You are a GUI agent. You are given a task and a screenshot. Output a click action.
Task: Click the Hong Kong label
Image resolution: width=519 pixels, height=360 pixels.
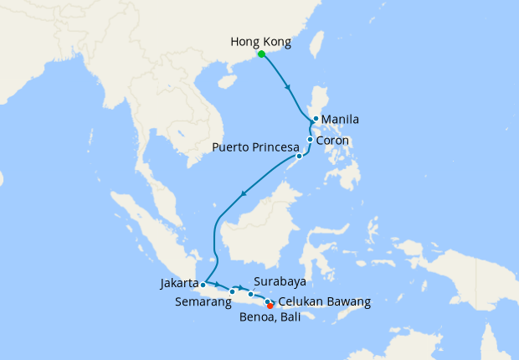click(261, 39)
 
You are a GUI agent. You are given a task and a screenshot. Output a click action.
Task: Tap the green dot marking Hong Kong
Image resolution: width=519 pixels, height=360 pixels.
click(261, 54)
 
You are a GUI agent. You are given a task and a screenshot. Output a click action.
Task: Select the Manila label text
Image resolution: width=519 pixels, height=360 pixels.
click(341, 120)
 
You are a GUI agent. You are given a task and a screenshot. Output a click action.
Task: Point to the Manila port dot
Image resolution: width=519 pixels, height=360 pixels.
click(315, 120)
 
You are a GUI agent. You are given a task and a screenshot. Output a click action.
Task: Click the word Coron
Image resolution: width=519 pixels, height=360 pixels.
click(332, 141)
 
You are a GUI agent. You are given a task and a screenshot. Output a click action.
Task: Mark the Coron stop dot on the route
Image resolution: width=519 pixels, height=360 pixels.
click(310, 140)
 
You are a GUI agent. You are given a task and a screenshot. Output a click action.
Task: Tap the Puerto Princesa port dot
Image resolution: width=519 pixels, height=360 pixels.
click(299, 157)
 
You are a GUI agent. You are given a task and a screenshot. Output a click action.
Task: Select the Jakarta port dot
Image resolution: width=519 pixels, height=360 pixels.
click(203, 285)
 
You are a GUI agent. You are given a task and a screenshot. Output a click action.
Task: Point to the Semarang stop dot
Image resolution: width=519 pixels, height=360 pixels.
click(232, 291)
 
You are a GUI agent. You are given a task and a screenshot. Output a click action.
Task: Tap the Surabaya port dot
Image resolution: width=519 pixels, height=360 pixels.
click(251, 294)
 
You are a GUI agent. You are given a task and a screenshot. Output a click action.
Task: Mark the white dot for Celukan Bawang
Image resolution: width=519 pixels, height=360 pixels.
click(267, 301)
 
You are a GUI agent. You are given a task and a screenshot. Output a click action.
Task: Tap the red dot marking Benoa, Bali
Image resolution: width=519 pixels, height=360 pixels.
click(270, 306)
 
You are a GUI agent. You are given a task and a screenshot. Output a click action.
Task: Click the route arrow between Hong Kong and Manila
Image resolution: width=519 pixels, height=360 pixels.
click(288, 87)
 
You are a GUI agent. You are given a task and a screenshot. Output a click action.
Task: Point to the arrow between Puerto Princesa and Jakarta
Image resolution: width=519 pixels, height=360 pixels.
click(244, 194)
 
